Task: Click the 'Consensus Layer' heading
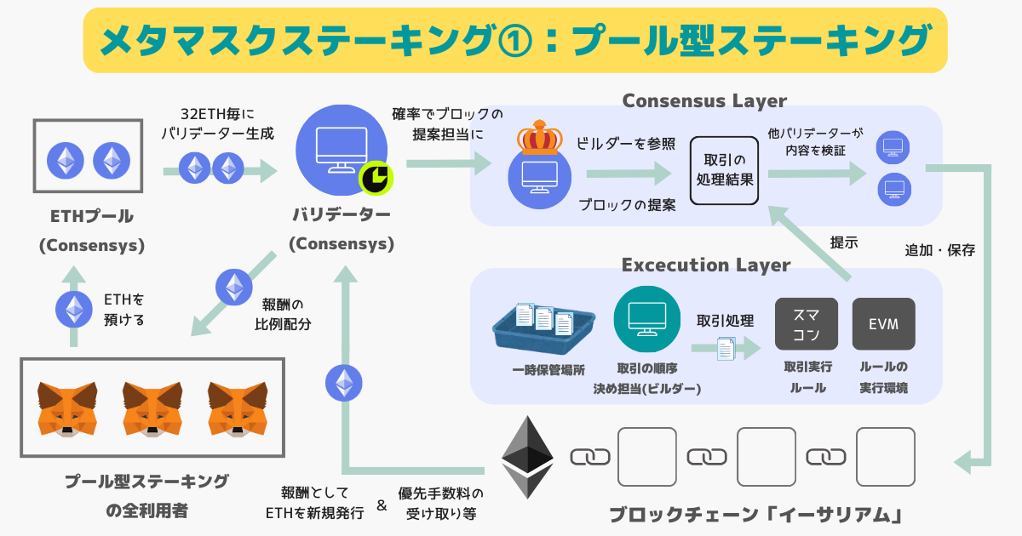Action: point(704,100)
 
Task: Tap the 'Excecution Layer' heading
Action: point(706,265)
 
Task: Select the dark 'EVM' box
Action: point(883,323)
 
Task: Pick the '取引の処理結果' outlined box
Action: point(724,170)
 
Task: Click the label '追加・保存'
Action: point(939,251)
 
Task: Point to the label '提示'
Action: point(844,242)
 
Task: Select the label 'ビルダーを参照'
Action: point(626,141)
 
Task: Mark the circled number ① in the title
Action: point(513,40)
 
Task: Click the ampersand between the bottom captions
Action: point(381,505)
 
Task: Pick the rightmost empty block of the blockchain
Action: point(885,457)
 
